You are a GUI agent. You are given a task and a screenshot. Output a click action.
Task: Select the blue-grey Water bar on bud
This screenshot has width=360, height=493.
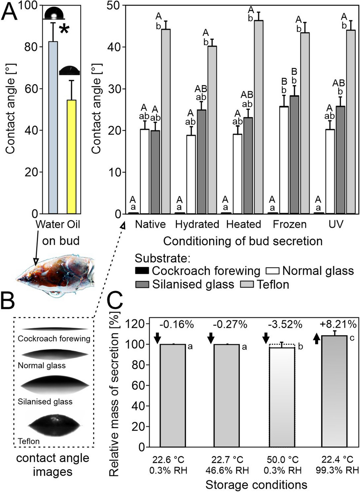[x=53, y=128]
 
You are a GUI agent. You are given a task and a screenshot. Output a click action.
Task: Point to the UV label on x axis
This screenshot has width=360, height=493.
[x=336, y=224]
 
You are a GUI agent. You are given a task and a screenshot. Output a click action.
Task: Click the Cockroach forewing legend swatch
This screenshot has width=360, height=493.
[x=142, y=271]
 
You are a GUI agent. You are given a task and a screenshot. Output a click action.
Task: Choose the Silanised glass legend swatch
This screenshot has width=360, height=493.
[x=142, y=284]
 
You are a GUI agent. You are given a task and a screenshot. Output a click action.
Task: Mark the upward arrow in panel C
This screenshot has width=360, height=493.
[x=317, y=338]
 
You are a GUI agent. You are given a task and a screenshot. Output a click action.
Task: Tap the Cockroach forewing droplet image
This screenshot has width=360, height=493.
[x=55, y=329]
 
